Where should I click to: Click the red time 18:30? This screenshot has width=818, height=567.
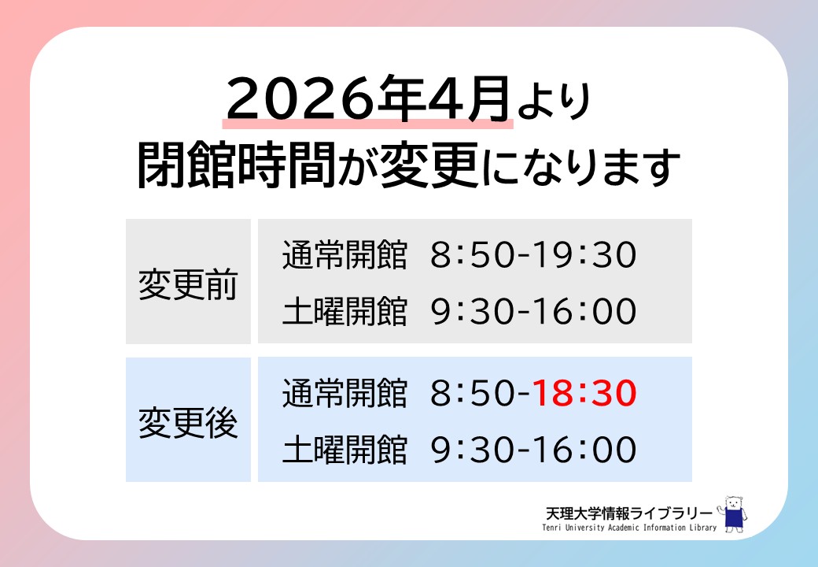pyautogui.click(x=585, y=393)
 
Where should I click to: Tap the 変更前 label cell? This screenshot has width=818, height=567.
pyautogui.click(x=188, y=281)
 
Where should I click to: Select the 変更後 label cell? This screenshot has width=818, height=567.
pyautogui.click(x=188, y=419)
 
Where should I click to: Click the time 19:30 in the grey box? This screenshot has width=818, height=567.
pyautogui.click(x=585, y=255)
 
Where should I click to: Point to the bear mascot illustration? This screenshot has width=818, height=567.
pyautogui.click(x=733, y=513)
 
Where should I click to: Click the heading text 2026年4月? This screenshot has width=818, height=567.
pyautogui.click(x=368, y=98)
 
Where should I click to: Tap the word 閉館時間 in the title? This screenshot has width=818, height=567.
pyautogui.click(x=237, y=165)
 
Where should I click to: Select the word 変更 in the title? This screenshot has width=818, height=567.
pyautogui.click(x=429, y=165)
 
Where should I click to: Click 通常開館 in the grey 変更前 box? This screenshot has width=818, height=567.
pyautogui.click(x=345, y=255)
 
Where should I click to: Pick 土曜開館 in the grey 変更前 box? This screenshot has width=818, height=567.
pyautogui.click(x=345, y=312)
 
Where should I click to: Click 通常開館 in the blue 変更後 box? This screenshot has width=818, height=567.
pyautogui.click(x=345, y=393)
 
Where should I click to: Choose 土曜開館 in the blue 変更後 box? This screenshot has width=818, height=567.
pyautogui.click(x=345, y=450)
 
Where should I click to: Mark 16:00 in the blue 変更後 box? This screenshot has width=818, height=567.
pyautogui.click(x=585, y=450)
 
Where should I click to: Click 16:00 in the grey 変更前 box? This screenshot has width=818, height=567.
pyautogui.click(x=585, y=312)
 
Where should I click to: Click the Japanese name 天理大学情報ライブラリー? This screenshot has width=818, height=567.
pyautogui.click(x=628, y=513)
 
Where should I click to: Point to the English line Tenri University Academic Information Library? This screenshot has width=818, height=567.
pyautogui.click(x=629, y=528)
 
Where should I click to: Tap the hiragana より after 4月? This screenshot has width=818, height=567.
pyautogui.click(x=554, y=102)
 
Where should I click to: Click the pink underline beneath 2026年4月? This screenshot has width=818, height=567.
pyautogui.click(x=368, y=124)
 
